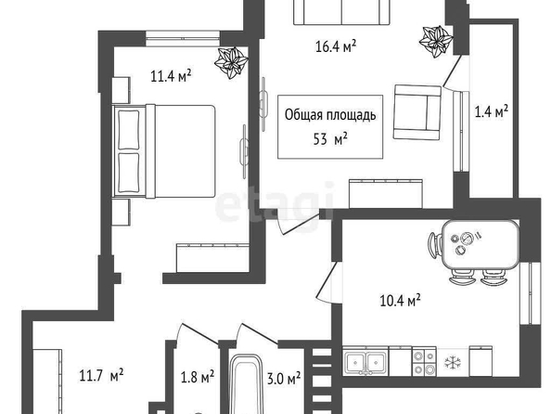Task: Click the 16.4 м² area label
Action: (336, 46)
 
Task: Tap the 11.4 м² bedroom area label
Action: (171, 75)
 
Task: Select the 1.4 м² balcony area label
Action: (492, 111)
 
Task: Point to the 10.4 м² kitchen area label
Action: (400, 301)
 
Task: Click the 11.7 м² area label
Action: (101, 375)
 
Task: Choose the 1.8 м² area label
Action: (198, 378)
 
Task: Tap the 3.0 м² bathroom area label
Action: (284, 379)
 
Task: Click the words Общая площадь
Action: (330, 115)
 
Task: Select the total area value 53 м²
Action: (330, 139)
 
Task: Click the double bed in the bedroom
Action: (163, 151)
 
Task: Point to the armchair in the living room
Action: (417, 112)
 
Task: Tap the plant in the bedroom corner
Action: (231, 62)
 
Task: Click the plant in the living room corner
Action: (436, 42)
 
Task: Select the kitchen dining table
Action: (480, 244)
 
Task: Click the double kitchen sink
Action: (365, 361)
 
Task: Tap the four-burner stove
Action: (425, 362)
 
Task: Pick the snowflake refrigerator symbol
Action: (453, 362)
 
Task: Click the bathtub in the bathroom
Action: (247, 384)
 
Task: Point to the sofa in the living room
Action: (341, 12)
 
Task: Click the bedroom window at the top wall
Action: (183, 39)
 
